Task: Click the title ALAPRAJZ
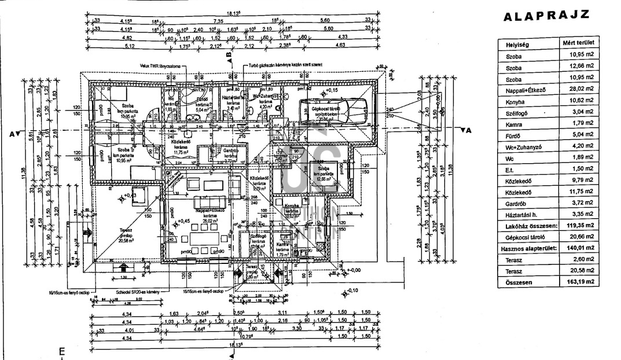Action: point(547,16)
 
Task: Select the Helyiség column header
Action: point(518,44)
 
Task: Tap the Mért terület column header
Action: point(577,43)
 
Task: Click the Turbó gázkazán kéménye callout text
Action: point(285,65)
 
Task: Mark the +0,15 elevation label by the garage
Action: point(331,91)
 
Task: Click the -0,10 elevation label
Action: point(353,291)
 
